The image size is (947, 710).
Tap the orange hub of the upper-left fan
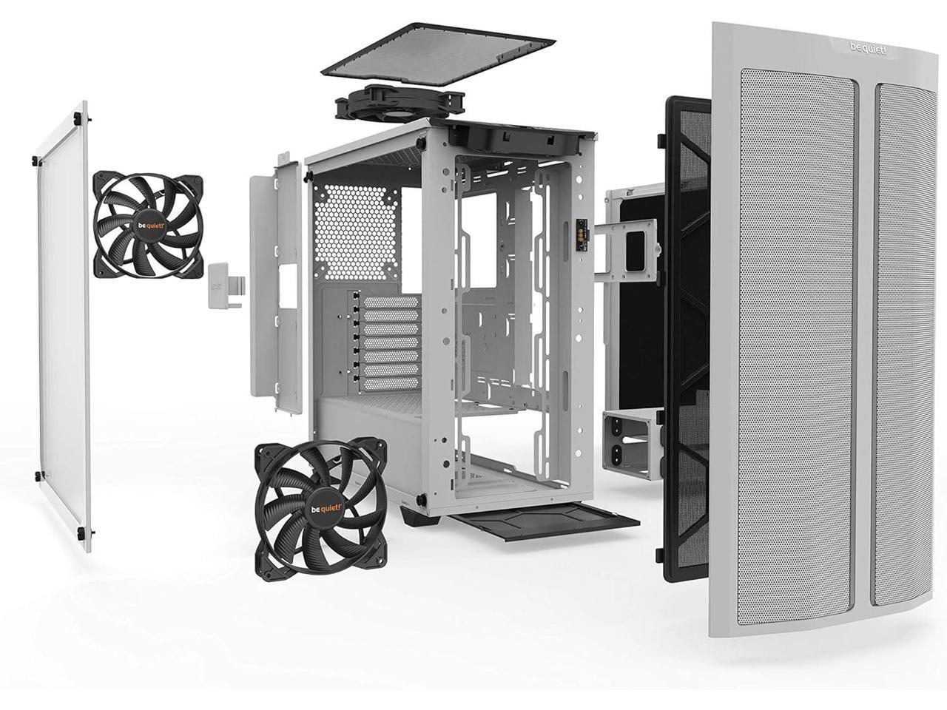pyautogui.click(x=148, y=226)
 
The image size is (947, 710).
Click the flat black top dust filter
pyautogui.click(x=438, y=54)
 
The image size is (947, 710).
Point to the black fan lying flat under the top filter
pyautogui.click(x=400, y=104)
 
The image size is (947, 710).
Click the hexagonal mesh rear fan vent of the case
pyautogui.click(x=357, y=232)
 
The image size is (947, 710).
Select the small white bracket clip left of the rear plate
pyautogui.click(x=226, y=286)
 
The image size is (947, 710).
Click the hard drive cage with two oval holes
pyautogui.click(x=632, y=444)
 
